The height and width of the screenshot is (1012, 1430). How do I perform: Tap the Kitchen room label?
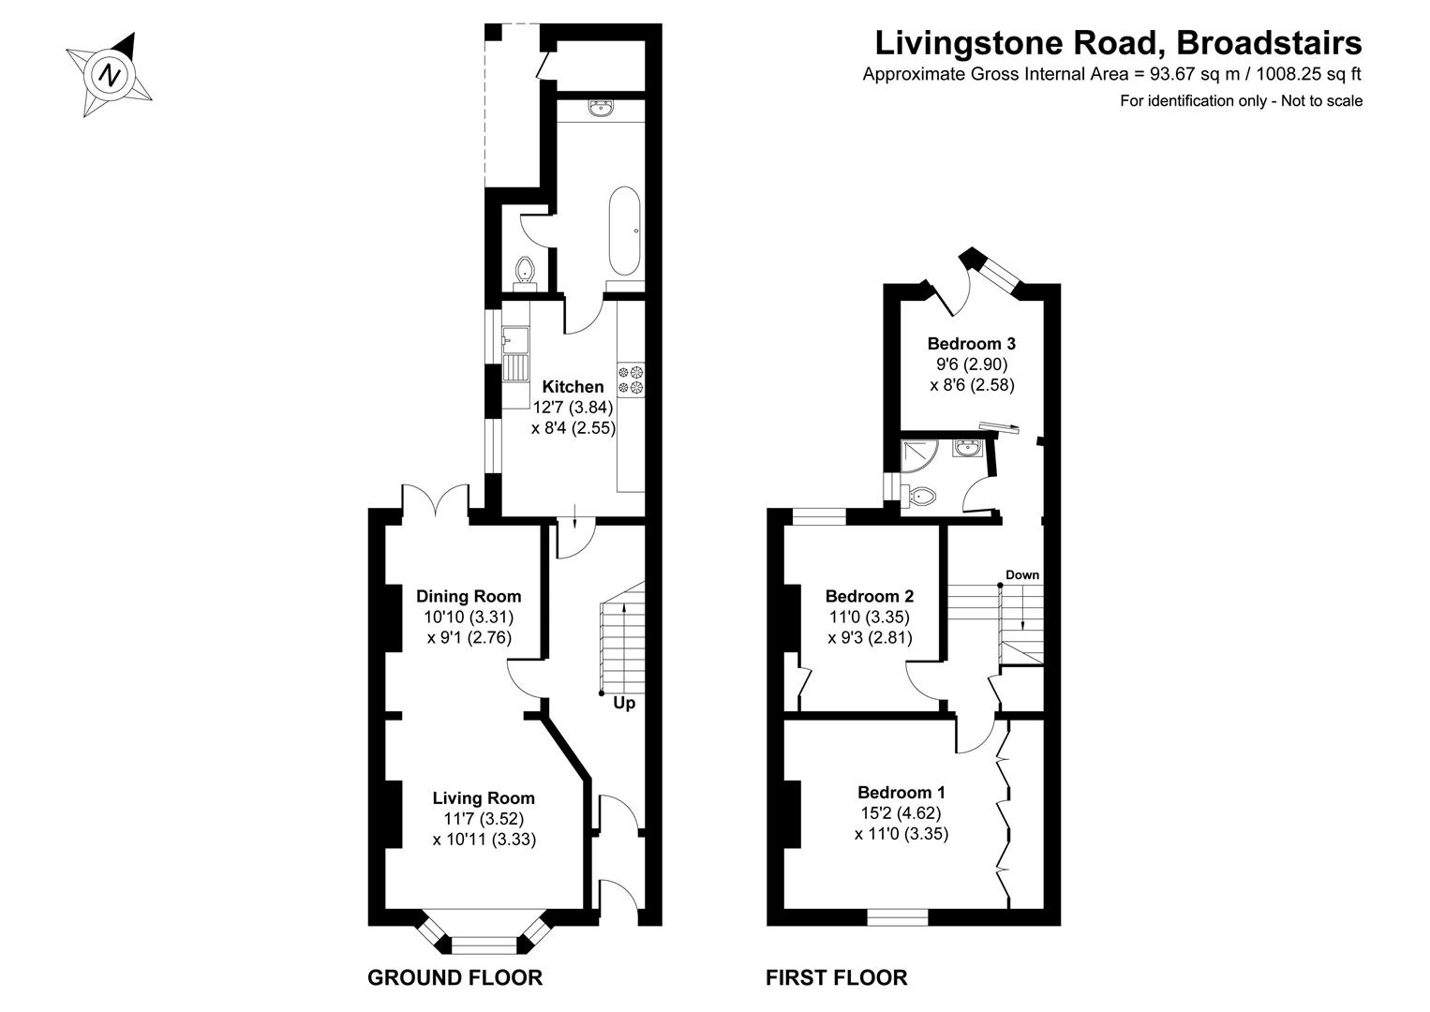[573, 386]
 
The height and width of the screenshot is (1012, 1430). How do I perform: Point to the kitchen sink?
[515, 353]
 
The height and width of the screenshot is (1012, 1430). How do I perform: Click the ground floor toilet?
[526, 270]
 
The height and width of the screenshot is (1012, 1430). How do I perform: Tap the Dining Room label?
[469, 596]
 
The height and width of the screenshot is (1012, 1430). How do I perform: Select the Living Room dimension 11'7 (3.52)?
[484, 819]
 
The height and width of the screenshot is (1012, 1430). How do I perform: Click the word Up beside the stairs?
[624, 702]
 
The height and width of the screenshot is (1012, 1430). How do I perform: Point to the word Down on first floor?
[1022, 574]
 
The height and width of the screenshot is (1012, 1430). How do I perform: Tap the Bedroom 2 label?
[869, 596]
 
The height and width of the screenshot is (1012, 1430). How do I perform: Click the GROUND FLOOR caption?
[454, 978]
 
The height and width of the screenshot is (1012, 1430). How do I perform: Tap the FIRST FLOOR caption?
[836, 978]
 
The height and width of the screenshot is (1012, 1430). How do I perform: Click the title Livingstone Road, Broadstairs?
[1118, 43]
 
